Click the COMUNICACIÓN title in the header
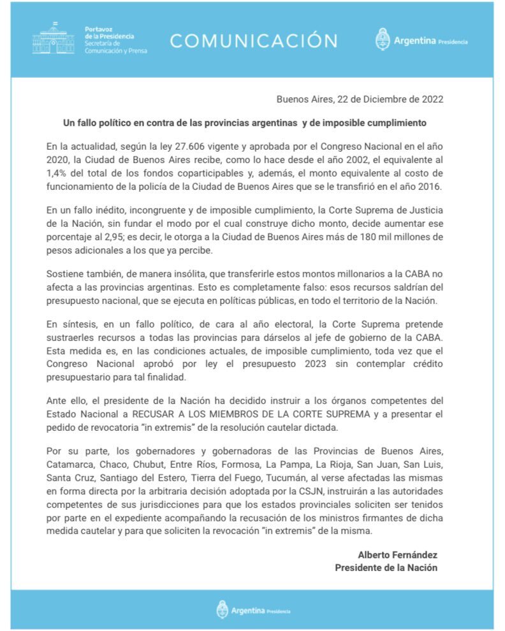point(253,41)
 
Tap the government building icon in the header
point(53,38)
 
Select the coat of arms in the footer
point(222,609)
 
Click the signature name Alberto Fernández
point(397,555)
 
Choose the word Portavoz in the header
point(98,29)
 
